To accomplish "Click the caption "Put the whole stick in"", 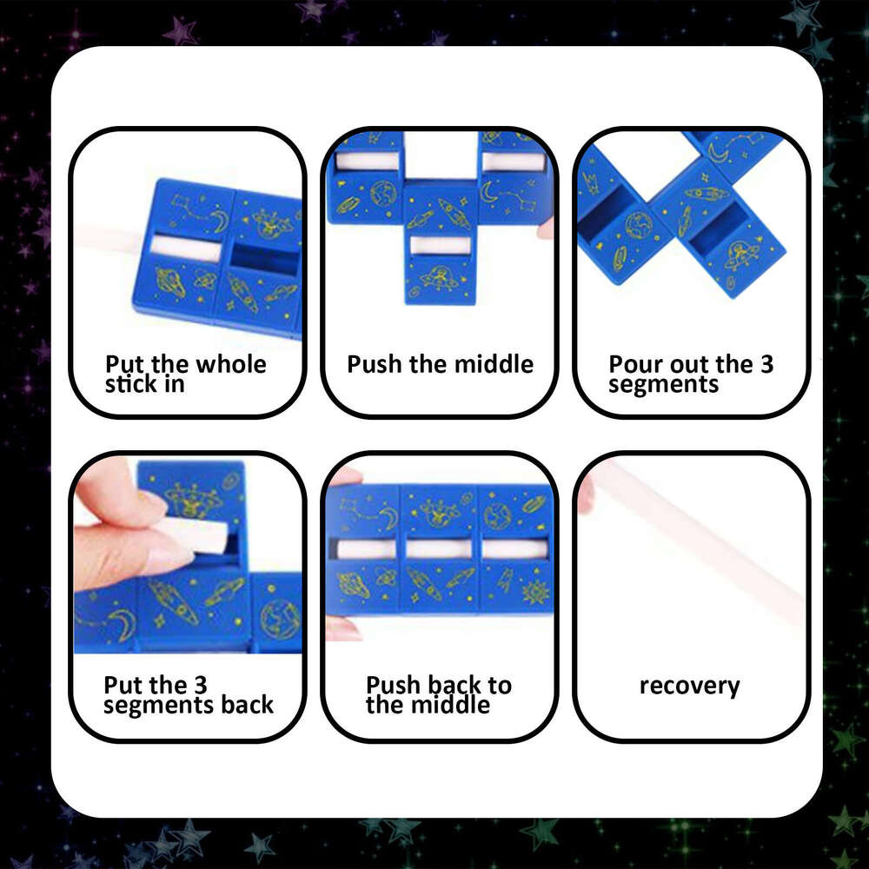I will (185, 374).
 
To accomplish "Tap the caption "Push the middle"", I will (440, 363).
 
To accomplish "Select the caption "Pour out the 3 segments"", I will (690, 374).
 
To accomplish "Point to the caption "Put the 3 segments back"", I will (188, 695).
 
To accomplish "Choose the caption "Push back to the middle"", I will (438, 695).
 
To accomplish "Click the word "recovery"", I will (689, 686).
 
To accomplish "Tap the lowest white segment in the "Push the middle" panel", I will (440, 246).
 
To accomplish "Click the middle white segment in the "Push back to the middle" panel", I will (439, 549).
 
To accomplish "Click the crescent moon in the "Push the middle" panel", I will (491, 191).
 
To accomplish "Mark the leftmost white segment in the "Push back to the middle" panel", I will (366, 549).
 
